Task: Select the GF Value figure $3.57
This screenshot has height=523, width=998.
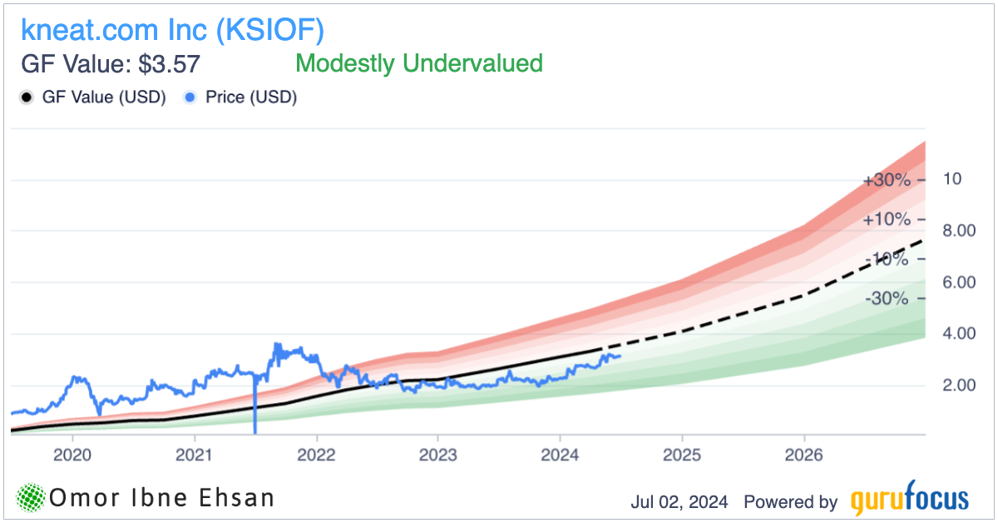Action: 170,64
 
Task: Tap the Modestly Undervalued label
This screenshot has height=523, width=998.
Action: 419,63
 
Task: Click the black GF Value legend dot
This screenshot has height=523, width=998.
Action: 26,97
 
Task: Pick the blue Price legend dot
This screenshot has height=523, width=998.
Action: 190,97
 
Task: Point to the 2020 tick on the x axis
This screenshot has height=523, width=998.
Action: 72,456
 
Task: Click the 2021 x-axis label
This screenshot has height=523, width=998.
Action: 195,456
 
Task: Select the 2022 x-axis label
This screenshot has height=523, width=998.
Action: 316,456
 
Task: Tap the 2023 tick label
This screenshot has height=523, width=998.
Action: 438,456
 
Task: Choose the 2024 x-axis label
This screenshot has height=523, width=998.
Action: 560,456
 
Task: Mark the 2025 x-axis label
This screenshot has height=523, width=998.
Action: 682,456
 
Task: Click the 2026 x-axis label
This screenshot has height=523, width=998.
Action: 803,456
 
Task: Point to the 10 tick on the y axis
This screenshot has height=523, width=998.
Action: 952,179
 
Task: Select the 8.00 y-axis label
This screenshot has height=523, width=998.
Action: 958,231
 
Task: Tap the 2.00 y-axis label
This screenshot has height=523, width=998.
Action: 958,386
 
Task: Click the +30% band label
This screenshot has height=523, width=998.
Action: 886,180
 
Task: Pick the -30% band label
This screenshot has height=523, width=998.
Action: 886,298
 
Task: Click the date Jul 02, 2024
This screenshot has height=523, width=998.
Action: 679,502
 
